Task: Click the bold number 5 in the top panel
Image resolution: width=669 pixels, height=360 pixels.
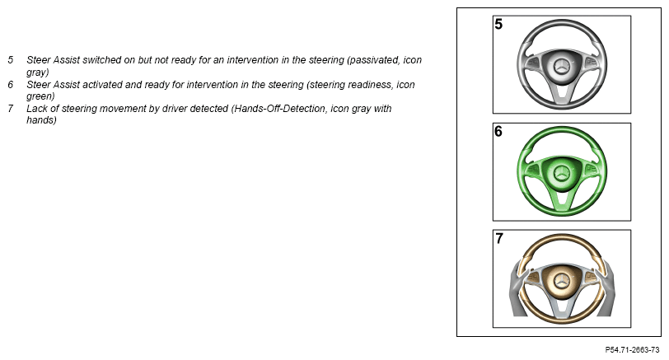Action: click(498, 25)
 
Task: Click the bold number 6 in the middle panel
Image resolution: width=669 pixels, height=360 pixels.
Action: click(498, 131)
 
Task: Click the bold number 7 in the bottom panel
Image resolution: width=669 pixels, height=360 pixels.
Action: click(498, 238)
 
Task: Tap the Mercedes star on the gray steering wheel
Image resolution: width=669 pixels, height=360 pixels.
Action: click(562, 67)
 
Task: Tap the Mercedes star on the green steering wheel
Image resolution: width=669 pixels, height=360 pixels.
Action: click(562, 174)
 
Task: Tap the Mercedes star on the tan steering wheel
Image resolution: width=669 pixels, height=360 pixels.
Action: click(562, 281)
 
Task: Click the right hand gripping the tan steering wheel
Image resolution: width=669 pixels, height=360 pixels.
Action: click(605, 289)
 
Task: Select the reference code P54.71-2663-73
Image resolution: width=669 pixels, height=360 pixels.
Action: click(632, 350)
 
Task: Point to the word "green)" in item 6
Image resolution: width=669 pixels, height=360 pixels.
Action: click(40, 96)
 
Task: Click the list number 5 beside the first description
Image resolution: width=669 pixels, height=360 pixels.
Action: click(11, 60)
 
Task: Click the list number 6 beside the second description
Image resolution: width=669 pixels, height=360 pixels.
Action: click(11, 85)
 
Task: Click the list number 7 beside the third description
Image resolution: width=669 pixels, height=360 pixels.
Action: click(11, 109)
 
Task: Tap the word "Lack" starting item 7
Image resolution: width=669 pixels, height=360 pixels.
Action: click(37, 109)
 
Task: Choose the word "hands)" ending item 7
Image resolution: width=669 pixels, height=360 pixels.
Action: click(41, 120)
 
